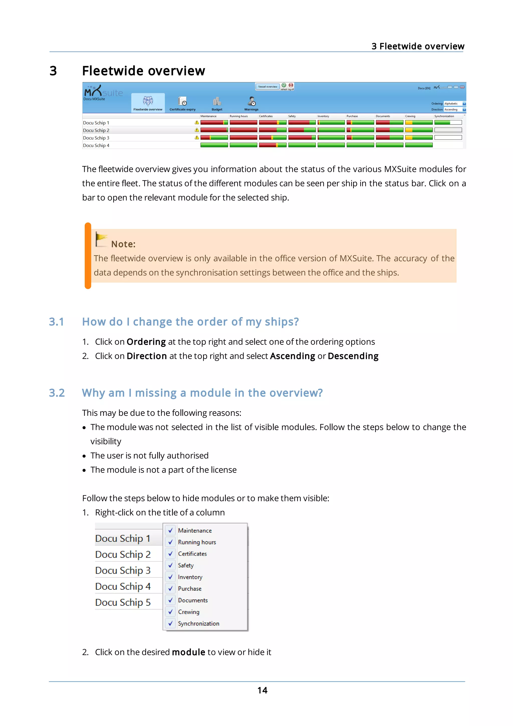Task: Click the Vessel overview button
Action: point(268,87)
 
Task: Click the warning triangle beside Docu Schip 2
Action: point(197,130)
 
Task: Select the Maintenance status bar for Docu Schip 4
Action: point(214,145)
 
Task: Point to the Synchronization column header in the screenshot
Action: point(444,116)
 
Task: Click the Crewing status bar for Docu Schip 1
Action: point(419,122)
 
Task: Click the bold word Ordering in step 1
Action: point(146,342)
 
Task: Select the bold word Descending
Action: point(353,356)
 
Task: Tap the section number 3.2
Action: point(57,393)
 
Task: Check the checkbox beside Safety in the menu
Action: point(170,565)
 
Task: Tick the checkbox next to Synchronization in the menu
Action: point(170,623)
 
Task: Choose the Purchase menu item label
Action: point(190,588)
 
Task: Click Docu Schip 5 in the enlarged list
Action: point(123,602)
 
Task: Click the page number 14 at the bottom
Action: point(262,690)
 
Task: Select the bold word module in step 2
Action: point(188,652)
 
